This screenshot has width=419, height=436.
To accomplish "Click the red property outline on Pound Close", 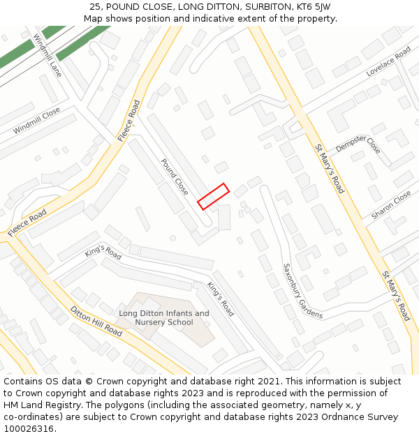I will click(214, 196).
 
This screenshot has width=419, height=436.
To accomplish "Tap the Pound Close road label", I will click(175, 176).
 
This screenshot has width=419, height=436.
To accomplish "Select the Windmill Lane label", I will click(47, 55).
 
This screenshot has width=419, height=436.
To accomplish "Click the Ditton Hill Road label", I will click(96, 321).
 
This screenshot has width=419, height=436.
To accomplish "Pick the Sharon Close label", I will click(391, 206).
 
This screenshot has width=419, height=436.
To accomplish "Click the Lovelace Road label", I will click(388, 62).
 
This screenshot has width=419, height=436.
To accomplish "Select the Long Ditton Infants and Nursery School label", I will click(164, 318).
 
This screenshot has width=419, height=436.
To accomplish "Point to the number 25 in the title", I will click(96, 7).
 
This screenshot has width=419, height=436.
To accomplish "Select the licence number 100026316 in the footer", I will click(29, 429).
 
